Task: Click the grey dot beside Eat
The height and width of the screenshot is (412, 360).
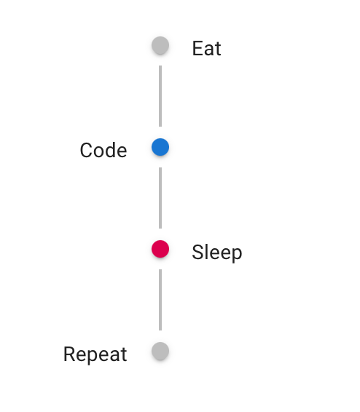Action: coord(160,45)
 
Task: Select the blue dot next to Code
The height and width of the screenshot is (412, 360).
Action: coord(160,147)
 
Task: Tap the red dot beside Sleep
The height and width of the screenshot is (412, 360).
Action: coord(160,249)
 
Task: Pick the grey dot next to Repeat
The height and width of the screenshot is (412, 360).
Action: coord(160,351)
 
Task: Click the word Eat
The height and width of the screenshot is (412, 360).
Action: coord(207,48)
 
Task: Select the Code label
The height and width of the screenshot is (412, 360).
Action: coord(103,150)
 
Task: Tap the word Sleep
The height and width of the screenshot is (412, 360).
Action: coord(217,253)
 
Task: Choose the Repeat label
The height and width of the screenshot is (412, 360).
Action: coord(95,354)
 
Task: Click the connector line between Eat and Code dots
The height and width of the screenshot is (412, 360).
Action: coord(160,96)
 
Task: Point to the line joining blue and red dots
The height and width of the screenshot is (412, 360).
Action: coord(160,198)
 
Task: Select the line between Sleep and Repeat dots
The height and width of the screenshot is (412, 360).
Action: coord(160,300)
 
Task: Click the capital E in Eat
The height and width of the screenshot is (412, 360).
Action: coord(197,48)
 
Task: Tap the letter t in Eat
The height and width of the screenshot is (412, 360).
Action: coord(218,49)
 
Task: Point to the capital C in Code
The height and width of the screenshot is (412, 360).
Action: coord(86,150)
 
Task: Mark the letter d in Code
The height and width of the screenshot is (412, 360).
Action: coord(110,150)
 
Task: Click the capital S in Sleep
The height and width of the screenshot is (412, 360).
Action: coord(198,252)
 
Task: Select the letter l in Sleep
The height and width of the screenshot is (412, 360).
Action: coord(208,252)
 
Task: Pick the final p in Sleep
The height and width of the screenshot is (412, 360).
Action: coord(237,254)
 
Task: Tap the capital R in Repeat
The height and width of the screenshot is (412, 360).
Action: coord(70,354)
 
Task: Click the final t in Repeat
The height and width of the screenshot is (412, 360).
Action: coord(124,354)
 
